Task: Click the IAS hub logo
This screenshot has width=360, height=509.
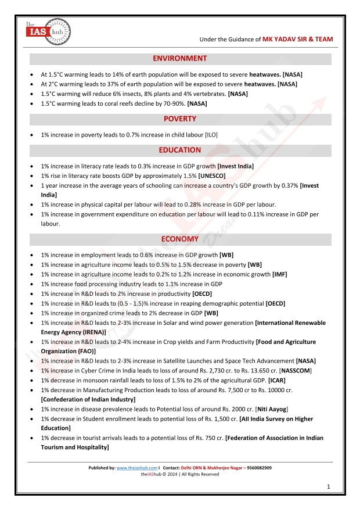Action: [48, 31]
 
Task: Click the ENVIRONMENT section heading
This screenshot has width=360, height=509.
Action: [179, 59]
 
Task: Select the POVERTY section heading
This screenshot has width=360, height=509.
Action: [179, 119]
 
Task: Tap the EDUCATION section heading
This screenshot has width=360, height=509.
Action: [179, 150]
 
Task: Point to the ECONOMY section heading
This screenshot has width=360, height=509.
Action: [179, 239]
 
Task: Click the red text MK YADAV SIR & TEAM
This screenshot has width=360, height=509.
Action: [298, 40]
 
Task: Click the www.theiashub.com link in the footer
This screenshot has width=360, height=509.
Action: [137, 468]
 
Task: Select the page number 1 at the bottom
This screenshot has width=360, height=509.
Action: [329, 486]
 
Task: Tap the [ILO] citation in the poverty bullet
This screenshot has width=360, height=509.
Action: [211, 135]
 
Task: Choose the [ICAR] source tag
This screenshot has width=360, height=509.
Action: [277, 380]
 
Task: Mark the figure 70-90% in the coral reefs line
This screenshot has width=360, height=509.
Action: [174, 103]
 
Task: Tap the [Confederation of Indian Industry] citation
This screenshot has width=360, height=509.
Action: [88, 399]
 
